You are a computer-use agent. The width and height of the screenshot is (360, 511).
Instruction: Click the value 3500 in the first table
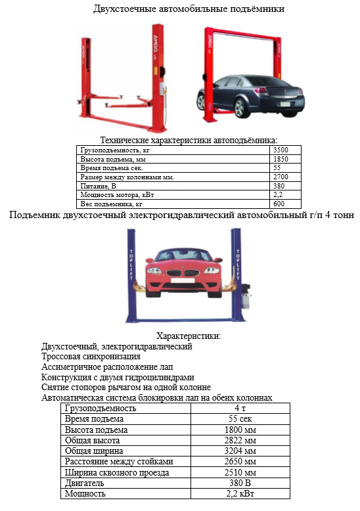pos(281,150)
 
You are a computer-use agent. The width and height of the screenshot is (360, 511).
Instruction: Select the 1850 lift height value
pos(281,159)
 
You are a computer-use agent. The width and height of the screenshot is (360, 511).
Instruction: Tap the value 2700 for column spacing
pos(281,177)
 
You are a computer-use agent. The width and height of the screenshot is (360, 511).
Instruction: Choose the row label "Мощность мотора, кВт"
pos(117,195)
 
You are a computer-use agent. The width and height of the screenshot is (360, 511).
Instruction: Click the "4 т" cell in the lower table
pos(240,408)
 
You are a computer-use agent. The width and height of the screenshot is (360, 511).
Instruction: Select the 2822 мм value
pos(240,440)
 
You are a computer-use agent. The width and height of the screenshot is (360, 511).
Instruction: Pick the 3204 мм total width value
pos(240,451)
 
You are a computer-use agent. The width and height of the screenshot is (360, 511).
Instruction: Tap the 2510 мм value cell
pos(240,472)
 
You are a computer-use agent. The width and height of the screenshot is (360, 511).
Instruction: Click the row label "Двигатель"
pos(85,483)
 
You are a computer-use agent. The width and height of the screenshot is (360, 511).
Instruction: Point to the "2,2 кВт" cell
pos(240,493)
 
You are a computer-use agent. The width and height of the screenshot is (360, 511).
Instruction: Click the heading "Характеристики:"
pos(189,336)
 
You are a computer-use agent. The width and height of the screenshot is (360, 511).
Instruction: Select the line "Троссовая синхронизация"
pos(91,357)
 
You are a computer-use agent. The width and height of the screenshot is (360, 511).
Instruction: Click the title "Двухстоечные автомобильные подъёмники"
pos(189,9)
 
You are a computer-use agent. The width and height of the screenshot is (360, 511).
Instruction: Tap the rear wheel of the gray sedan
pos(240,108)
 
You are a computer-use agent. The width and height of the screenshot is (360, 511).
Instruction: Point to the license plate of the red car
pos(183,280)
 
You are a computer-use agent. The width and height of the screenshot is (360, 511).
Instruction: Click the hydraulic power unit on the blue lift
pos(246,296)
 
